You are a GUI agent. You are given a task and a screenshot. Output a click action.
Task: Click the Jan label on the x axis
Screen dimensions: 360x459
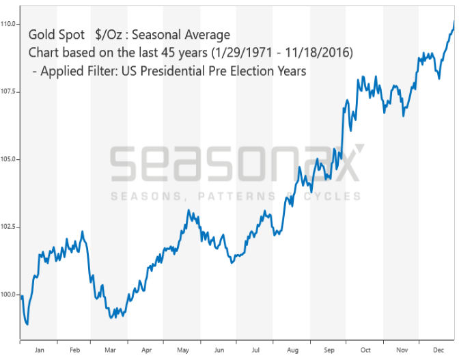pos(39,349)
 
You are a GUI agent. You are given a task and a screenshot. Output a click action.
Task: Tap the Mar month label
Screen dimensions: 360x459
pos(110,349)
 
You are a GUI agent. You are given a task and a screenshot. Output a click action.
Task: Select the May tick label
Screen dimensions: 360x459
pos(182,349)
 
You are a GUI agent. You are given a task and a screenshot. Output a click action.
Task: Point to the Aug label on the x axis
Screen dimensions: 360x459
pos(292,349)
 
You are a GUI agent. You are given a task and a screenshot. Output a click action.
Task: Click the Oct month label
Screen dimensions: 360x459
pos(365,349)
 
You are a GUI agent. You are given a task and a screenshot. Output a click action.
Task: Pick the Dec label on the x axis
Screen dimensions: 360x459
pos(438,349)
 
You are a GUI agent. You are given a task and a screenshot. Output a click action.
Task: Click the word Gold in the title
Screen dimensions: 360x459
pos(41,35)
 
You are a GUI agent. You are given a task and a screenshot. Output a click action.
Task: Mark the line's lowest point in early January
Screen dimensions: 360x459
pos(27,324)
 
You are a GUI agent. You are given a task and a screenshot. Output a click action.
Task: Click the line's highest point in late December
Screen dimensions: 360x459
pos(454,22)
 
